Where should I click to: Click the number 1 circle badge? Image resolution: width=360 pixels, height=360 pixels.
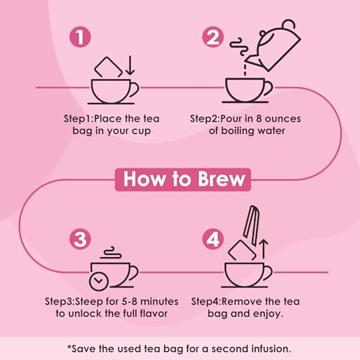(x=80, y=37)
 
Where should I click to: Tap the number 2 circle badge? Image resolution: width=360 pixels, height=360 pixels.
(x=213, y=37)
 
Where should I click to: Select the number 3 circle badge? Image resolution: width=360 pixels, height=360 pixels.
(x=80, y=239)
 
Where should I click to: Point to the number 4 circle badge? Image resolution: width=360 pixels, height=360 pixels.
(x=213, y=239)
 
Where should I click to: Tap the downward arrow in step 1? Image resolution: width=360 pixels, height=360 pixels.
(x=130, y=66)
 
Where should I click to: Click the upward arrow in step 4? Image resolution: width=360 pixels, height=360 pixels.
(x=264, y=248)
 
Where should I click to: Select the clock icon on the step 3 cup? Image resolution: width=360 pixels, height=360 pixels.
(x=99, y=281)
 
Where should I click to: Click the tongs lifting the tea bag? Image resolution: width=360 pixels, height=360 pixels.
(x=251, y=225)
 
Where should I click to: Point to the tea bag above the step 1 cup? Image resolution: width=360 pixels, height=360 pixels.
(x=108, y=68)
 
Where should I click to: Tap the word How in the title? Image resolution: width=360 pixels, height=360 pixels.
(x=144, y=179)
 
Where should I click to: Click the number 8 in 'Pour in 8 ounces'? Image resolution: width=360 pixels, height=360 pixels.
(x=258, y=119)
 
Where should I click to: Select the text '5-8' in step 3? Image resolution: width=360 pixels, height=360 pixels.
(x=130, y=302)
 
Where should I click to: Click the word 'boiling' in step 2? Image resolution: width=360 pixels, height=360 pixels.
(x=237, y=131)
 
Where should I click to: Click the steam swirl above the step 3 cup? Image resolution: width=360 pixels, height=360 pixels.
(x=111, y=253)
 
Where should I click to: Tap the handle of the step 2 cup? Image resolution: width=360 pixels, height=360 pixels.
(x=269, y=88)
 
